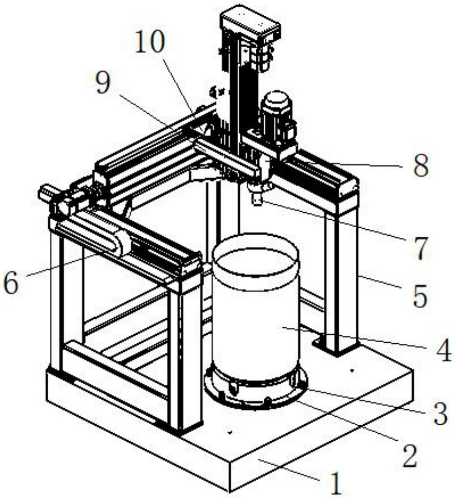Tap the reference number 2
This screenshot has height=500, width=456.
(x=410, y=455)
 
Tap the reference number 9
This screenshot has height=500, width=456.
(x=103, y=82)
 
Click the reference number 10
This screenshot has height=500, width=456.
(x=150, y=42)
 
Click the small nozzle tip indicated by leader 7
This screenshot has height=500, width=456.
(x=257, y=200)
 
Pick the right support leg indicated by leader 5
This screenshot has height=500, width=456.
(x=342, y=277)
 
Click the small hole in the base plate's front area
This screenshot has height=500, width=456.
(x=229, y=433)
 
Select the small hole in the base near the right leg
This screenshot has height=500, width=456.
(x=352, y=371)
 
